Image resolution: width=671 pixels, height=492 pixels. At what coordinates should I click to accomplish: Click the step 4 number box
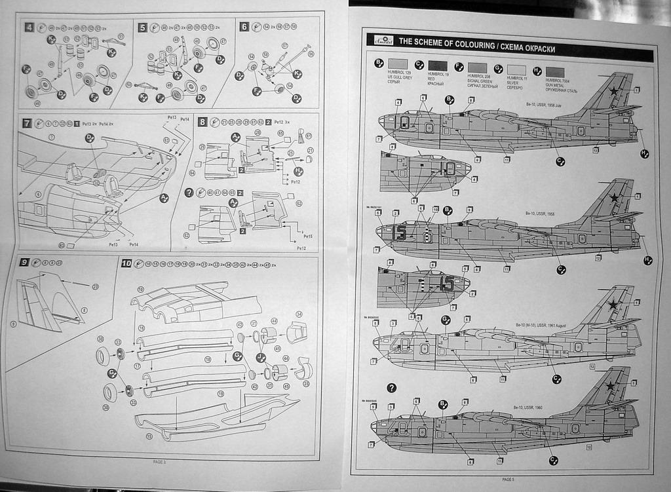coord(29,27)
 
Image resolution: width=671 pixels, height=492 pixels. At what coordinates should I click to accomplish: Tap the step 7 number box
coord(27,123)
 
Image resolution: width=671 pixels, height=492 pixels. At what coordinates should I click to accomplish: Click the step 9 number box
coord(24,262)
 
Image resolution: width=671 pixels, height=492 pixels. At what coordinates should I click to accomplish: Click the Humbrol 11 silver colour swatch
coord(516,69)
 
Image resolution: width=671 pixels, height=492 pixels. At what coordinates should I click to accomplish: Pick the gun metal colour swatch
coord(554,71)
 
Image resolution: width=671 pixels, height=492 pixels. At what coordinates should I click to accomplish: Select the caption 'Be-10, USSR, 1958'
coord(541,213)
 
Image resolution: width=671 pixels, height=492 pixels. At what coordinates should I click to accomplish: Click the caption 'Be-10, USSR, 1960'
coord(531,407)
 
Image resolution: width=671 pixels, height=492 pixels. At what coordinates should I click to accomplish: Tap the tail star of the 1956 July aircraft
coord(613,91)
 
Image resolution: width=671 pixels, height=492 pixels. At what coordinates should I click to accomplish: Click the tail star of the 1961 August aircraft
coord(613,304)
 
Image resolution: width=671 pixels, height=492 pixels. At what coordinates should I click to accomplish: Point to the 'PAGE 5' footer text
coord(508,479)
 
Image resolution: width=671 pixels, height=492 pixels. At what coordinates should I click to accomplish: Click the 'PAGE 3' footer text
coord(159,461)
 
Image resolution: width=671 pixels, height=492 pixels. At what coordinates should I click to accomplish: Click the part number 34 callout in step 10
coord(299,314)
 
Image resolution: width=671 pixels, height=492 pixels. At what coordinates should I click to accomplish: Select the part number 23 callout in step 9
coord(95,286)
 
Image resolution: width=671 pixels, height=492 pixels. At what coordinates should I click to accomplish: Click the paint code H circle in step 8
coord(298,171)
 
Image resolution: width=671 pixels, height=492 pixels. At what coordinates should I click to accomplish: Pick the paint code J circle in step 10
coord(260,356)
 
